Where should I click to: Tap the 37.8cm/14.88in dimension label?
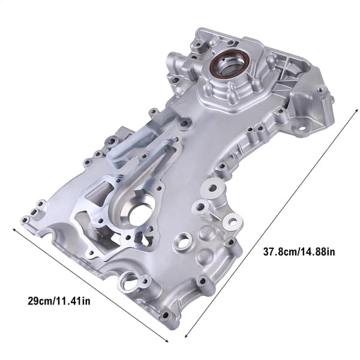coord(299,251)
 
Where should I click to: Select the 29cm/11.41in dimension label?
coord(59,301)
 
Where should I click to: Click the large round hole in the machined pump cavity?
coord(140,215)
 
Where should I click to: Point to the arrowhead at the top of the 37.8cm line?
coord(356,112)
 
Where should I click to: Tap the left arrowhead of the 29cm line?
coord(15,230)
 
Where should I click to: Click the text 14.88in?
coord(317,251)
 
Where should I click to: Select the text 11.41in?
coord(73,301)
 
